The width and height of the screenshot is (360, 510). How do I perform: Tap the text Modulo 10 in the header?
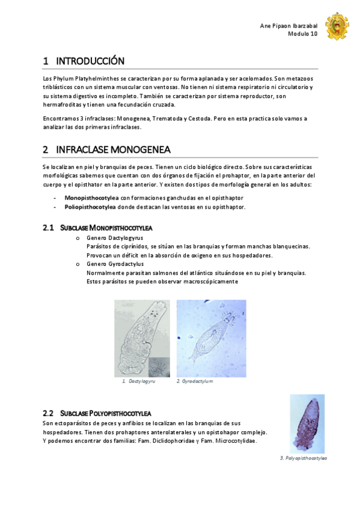click(x=303, y=34)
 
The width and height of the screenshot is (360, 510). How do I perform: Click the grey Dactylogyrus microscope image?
click(x=142, y=338)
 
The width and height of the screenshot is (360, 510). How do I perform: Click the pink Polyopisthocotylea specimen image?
click(x=307, y=423)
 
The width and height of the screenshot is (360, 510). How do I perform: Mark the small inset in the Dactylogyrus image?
click(x=159, y=366)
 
